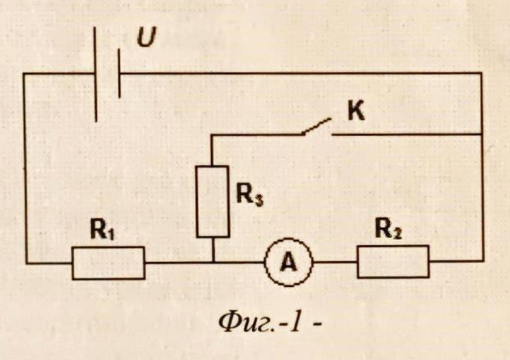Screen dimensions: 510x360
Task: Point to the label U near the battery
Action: click(146, 37)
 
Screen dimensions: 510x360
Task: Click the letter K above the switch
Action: click(356, 111)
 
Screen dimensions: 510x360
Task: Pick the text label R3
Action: click(249, 195)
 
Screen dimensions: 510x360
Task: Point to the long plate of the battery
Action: click(96, 74)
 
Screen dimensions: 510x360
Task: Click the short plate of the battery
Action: click(119, 73)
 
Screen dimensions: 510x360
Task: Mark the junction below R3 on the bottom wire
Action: click(213, 262)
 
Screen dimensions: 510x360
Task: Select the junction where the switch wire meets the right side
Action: click(482, 134)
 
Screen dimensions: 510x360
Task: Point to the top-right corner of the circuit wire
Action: click(481, 73)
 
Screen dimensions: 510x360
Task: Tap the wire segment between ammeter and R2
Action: click(335, 262)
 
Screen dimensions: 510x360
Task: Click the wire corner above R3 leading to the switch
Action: click(212, 135)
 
